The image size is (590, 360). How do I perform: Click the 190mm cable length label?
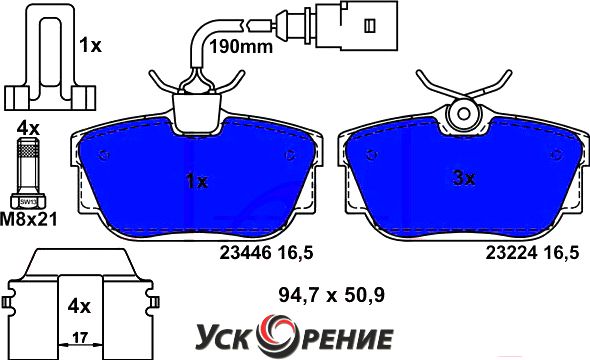point(241,47)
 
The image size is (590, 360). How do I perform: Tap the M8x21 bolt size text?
point(29,219)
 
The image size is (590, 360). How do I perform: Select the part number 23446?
point(245,253)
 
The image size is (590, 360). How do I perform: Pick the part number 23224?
point(511,253)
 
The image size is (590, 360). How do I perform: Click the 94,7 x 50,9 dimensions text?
point(331,295)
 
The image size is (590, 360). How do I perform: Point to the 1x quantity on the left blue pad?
point(197,182)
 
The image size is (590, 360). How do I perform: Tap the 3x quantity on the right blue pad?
point(464,178)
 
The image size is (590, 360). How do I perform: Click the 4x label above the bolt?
point(28,129)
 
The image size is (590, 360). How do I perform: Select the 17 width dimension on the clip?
point(80,338)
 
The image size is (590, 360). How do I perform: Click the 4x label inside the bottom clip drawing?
point(79,307)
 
